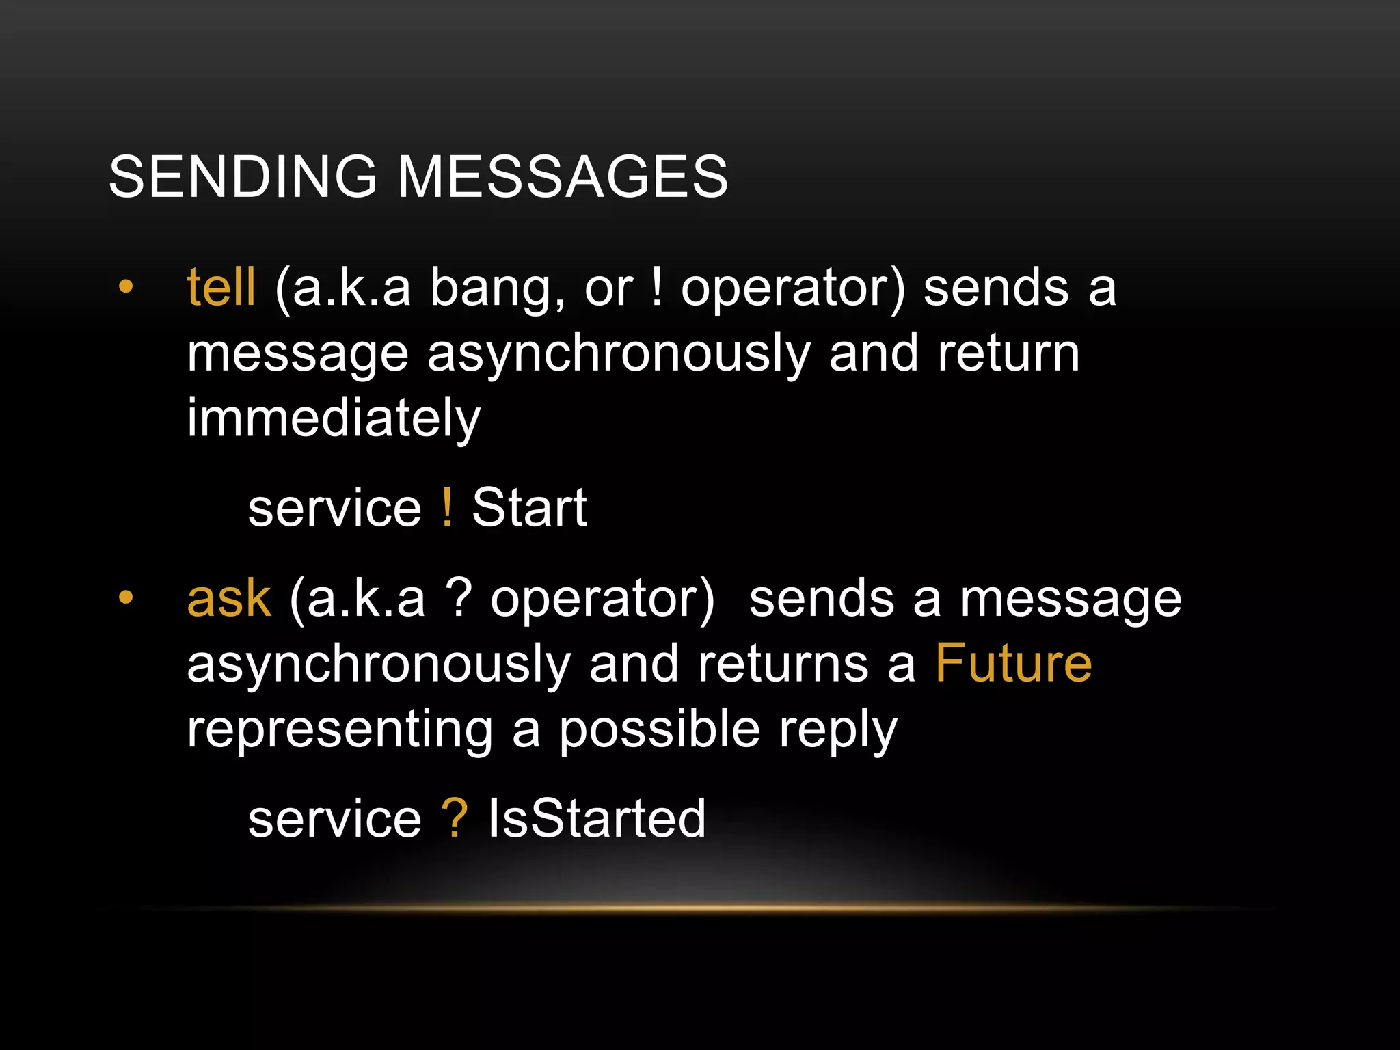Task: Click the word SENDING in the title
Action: (x=243, y=176)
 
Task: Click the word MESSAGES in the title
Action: (x=563, y=176)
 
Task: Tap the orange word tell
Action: (x=221, y=287)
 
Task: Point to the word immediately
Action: (x=334, y=418)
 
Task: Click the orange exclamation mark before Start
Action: (x=447, y=507)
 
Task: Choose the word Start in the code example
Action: (x=529, y=509)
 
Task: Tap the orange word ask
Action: (x=229, y=599)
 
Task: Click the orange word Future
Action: (x=1013, y=663)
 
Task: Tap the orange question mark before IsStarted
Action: (x=454, y=818)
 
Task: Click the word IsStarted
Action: (x=596, y=818)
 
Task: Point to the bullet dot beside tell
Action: (x=125, y=287)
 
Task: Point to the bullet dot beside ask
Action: (x=125, y=597)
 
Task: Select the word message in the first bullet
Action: (x=297, y=354)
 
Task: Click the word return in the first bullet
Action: (x=1008, y=353)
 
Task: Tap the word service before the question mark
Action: (x=334, y=819)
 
